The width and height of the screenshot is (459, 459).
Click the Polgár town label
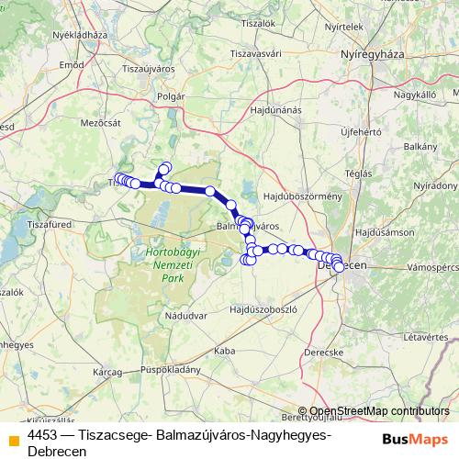[173, 95]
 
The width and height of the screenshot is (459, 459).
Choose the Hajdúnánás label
[274, 110]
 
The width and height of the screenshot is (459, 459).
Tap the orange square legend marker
[13, 437]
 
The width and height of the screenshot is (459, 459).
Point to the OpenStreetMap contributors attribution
[378, 411]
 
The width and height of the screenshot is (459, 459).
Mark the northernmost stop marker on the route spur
[166, 167]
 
